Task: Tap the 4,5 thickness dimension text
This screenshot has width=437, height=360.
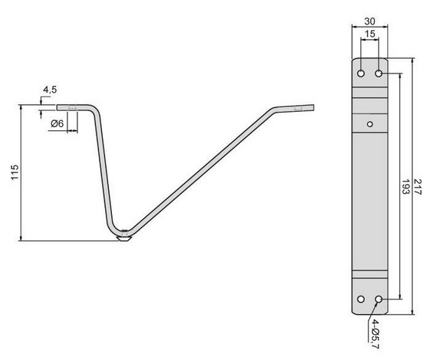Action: click(51, 90)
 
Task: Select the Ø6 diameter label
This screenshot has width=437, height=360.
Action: click(57, 125)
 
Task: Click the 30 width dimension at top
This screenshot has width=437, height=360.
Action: click(369, 21)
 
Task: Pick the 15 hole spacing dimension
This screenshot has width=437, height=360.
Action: click(370, 35)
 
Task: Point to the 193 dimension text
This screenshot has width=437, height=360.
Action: click(404, 188)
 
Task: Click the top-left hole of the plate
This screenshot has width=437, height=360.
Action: click(361, 74)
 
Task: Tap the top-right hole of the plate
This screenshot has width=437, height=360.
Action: click(379, 74)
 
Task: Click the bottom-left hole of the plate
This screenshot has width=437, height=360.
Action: click(361, 298)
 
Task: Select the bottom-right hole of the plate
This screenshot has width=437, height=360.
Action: click(379, 298)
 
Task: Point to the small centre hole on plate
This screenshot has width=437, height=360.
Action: click(370, 123)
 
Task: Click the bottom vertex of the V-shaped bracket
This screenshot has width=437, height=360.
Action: click(123, 233)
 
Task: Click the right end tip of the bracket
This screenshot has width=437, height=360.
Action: click(307, 109)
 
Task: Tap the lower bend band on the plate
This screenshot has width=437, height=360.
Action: click(370, 276)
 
